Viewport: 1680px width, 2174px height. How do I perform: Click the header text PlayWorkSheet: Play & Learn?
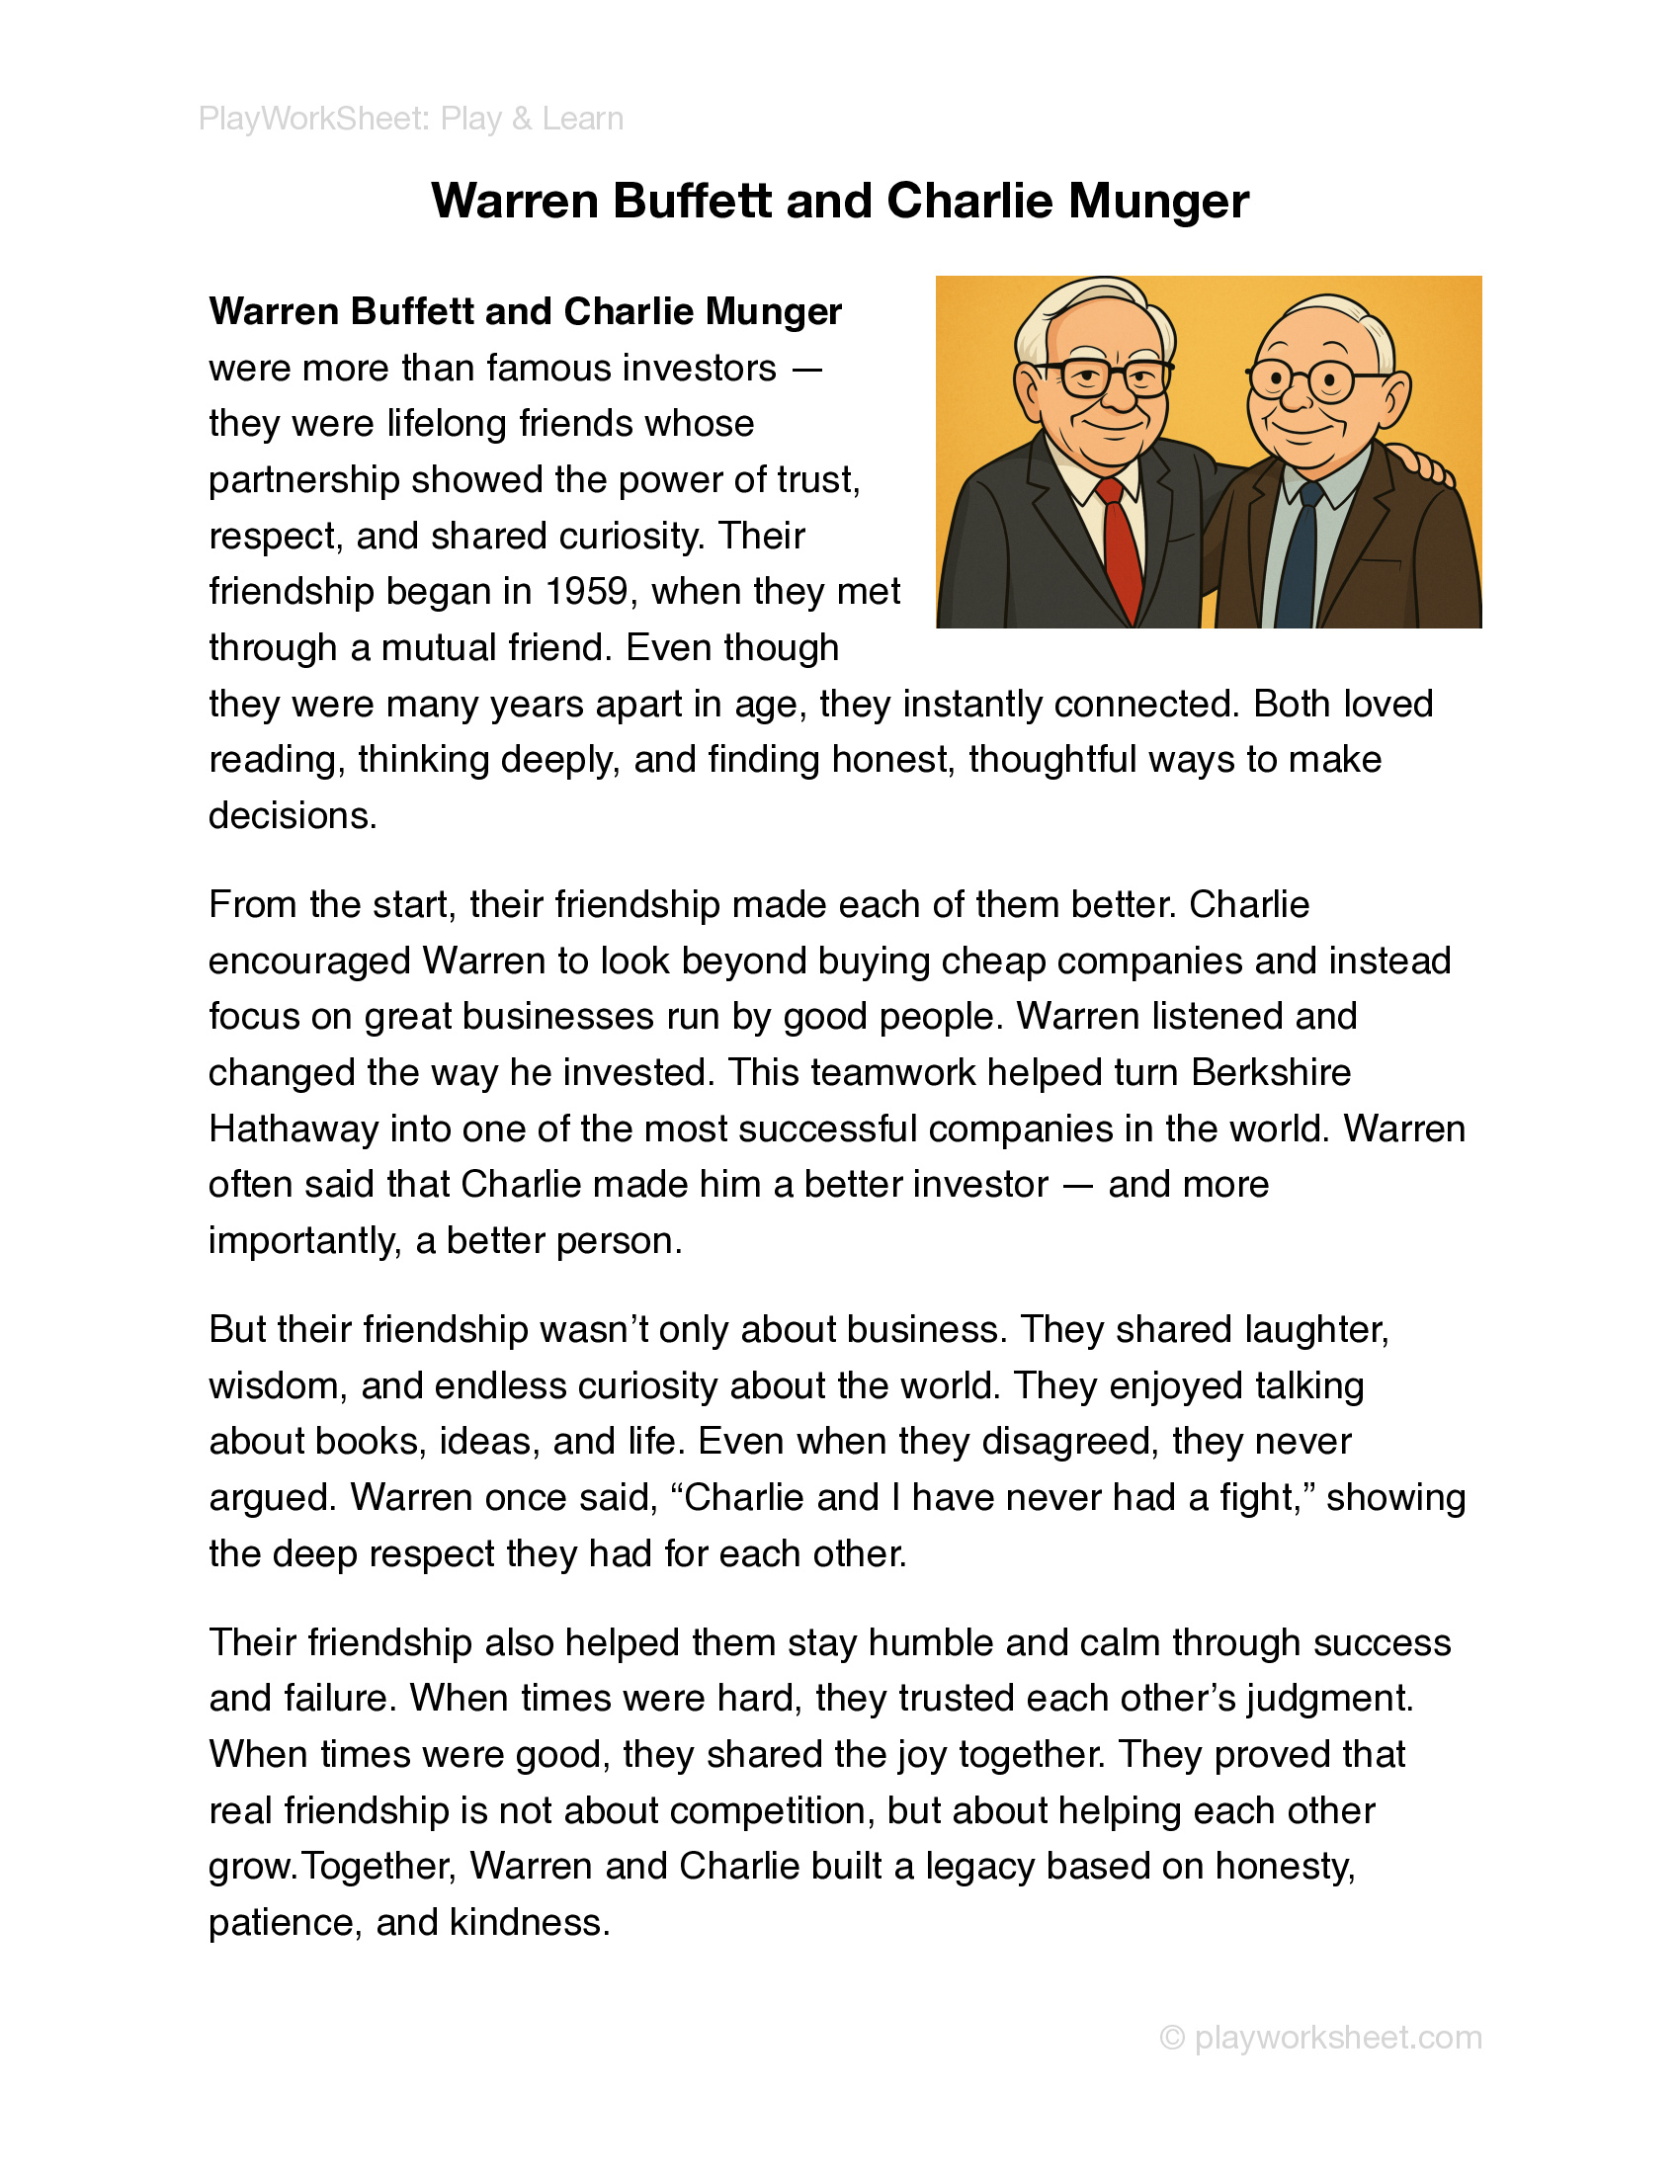pos(411,119)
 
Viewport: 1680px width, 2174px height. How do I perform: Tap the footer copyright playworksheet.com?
pos(1320,2037)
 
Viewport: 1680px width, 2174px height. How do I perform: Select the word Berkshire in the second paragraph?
pos(1271,1073)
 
